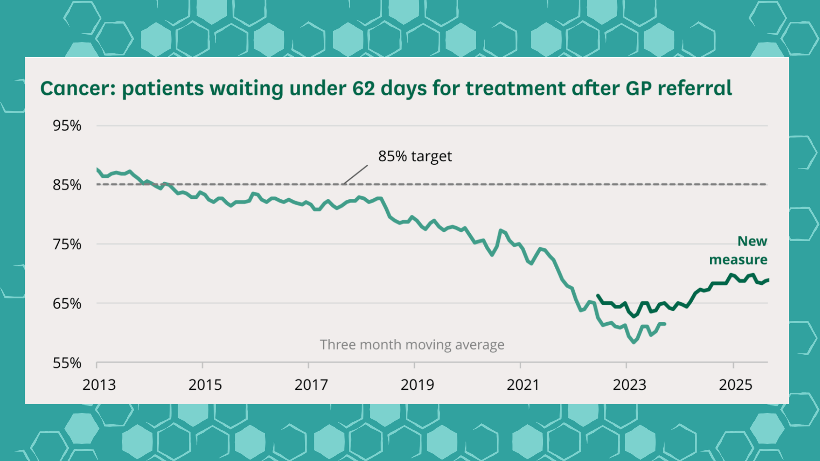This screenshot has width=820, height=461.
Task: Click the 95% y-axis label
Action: coord(67,125)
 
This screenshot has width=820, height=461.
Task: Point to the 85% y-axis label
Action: coord(67,185)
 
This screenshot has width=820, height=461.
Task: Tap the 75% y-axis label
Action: coord(67,244)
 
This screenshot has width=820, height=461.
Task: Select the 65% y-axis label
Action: coord(67,303)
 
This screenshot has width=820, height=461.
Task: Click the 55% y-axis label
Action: coord(67,363)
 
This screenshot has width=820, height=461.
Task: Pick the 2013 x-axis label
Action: coord(99,385)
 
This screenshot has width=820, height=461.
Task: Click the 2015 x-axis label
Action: coord(205,385)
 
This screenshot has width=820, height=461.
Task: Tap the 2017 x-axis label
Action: coord(311,385)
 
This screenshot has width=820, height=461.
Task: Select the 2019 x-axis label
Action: coord(417,385)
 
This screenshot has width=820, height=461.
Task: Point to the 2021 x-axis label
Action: coord(523,385)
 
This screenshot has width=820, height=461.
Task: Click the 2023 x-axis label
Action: coord(629,385)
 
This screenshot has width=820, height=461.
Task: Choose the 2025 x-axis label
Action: coord(735,385)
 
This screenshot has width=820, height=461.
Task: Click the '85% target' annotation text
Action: coord(415,156)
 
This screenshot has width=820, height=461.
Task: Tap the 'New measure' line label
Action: coord(739,250)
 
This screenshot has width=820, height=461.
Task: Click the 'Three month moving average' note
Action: coord(412,344)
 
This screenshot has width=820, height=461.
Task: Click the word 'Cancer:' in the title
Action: coord(78,88)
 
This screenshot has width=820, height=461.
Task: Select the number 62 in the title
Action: coord(363,88)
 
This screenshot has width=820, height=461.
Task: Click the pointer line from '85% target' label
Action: coord(355,175)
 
